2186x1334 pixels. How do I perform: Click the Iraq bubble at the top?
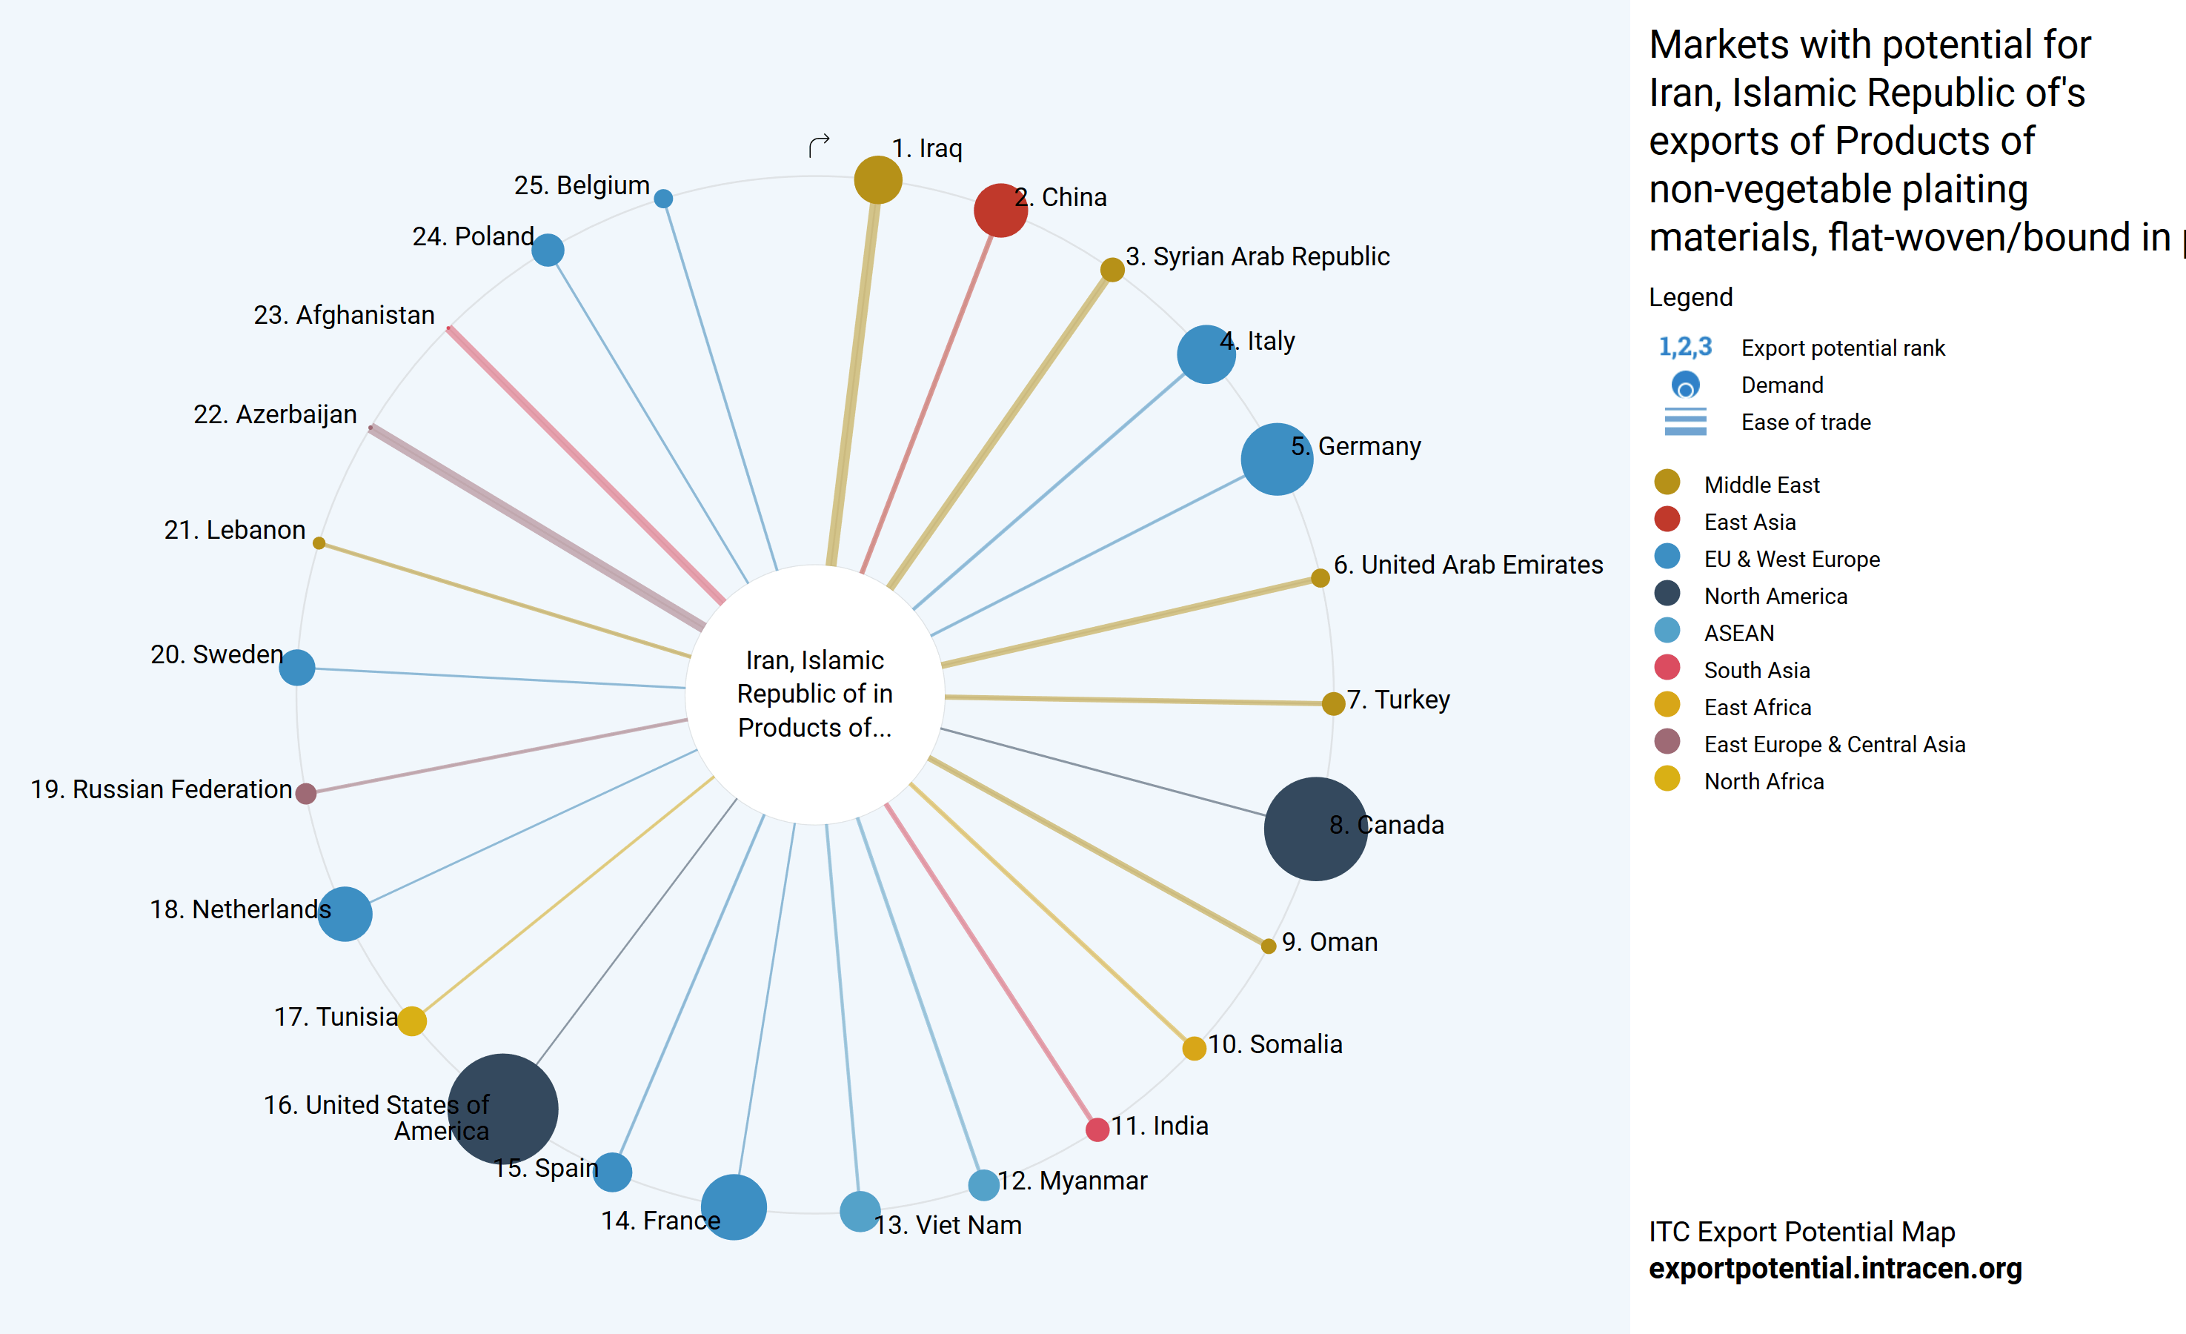coord(877,179)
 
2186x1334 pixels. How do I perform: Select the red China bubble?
coord(1000,210)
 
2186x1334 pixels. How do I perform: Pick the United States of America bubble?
coord(503,1109)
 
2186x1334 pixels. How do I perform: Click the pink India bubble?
coord(1097,1129)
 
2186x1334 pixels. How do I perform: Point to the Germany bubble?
coord(1276,459)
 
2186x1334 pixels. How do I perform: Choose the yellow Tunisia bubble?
coord(412,1021)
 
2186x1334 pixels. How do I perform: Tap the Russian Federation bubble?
coord(306,792)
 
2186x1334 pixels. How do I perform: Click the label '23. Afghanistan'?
coord(345,315)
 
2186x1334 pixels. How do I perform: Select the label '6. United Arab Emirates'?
coord(1467,565)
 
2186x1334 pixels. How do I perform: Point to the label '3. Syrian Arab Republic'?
coord(1257,256)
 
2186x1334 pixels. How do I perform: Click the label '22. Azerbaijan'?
coord(275,414)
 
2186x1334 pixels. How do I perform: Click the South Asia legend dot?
coord(1667,668)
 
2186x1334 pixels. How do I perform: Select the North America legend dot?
coord(1667,594)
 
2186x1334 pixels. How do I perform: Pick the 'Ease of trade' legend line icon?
coord(1685,422)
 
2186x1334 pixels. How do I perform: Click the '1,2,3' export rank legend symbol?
coord(1685,347)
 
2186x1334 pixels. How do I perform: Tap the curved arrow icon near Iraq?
coord(819,145)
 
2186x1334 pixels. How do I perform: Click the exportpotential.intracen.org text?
coord(1835,1268)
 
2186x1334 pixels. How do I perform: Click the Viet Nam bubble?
coord(860,1212)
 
